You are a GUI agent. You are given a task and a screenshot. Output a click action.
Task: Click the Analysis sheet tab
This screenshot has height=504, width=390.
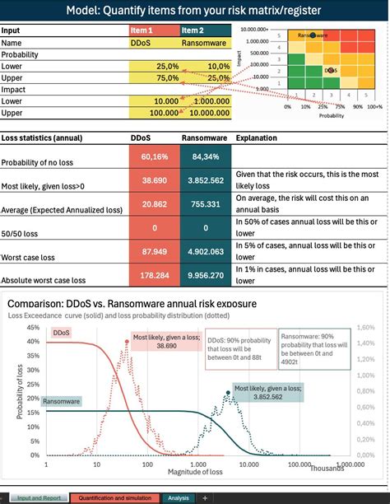[x=178, y=497]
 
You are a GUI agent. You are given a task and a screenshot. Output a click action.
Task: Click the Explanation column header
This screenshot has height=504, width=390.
[x=256, y=138]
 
